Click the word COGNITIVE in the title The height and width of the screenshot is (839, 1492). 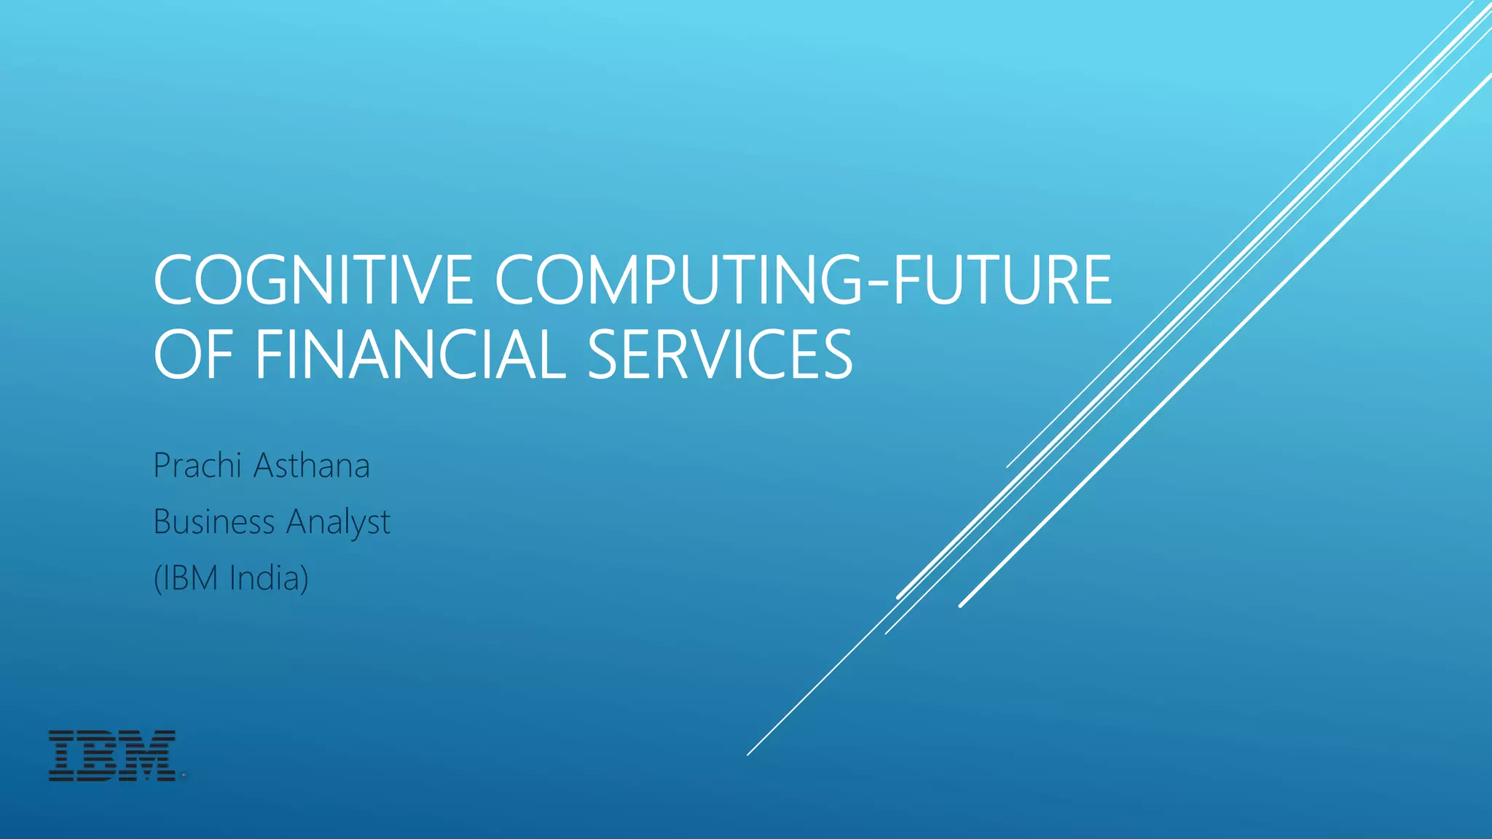(x=314, y=280)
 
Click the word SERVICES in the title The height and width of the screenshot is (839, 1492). (x=720, y=355)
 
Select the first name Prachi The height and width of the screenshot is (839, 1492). (x=197, y=465)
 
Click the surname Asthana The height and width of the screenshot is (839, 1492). (x=312, y=465)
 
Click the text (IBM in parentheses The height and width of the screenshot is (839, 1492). (x=186, y=578)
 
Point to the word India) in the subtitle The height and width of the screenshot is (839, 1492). (x=269, y=578)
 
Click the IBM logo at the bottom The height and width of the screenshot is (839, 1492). (x=112, y=756)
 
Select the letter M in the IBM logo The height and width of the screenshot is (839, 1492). (x=150, y=756)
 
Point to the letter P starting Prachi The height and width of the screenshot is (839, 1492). (x=163, y=465)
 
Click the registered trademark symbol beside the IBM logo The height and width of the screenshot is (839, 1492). (x=184, y=777)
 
